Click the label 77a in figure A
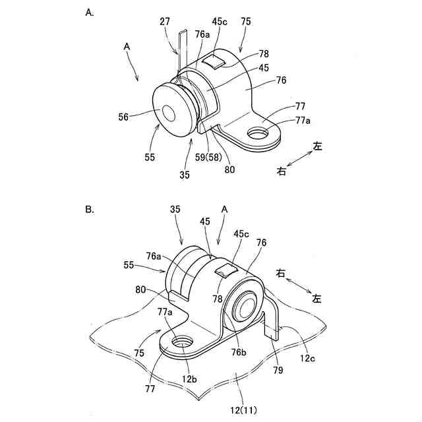point(286,121)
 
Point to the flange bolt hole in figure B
point(181,343)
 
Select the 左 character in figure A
point(318,147)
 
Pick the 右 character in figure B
point(282,272)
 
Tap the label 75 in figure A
point(246,21)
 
